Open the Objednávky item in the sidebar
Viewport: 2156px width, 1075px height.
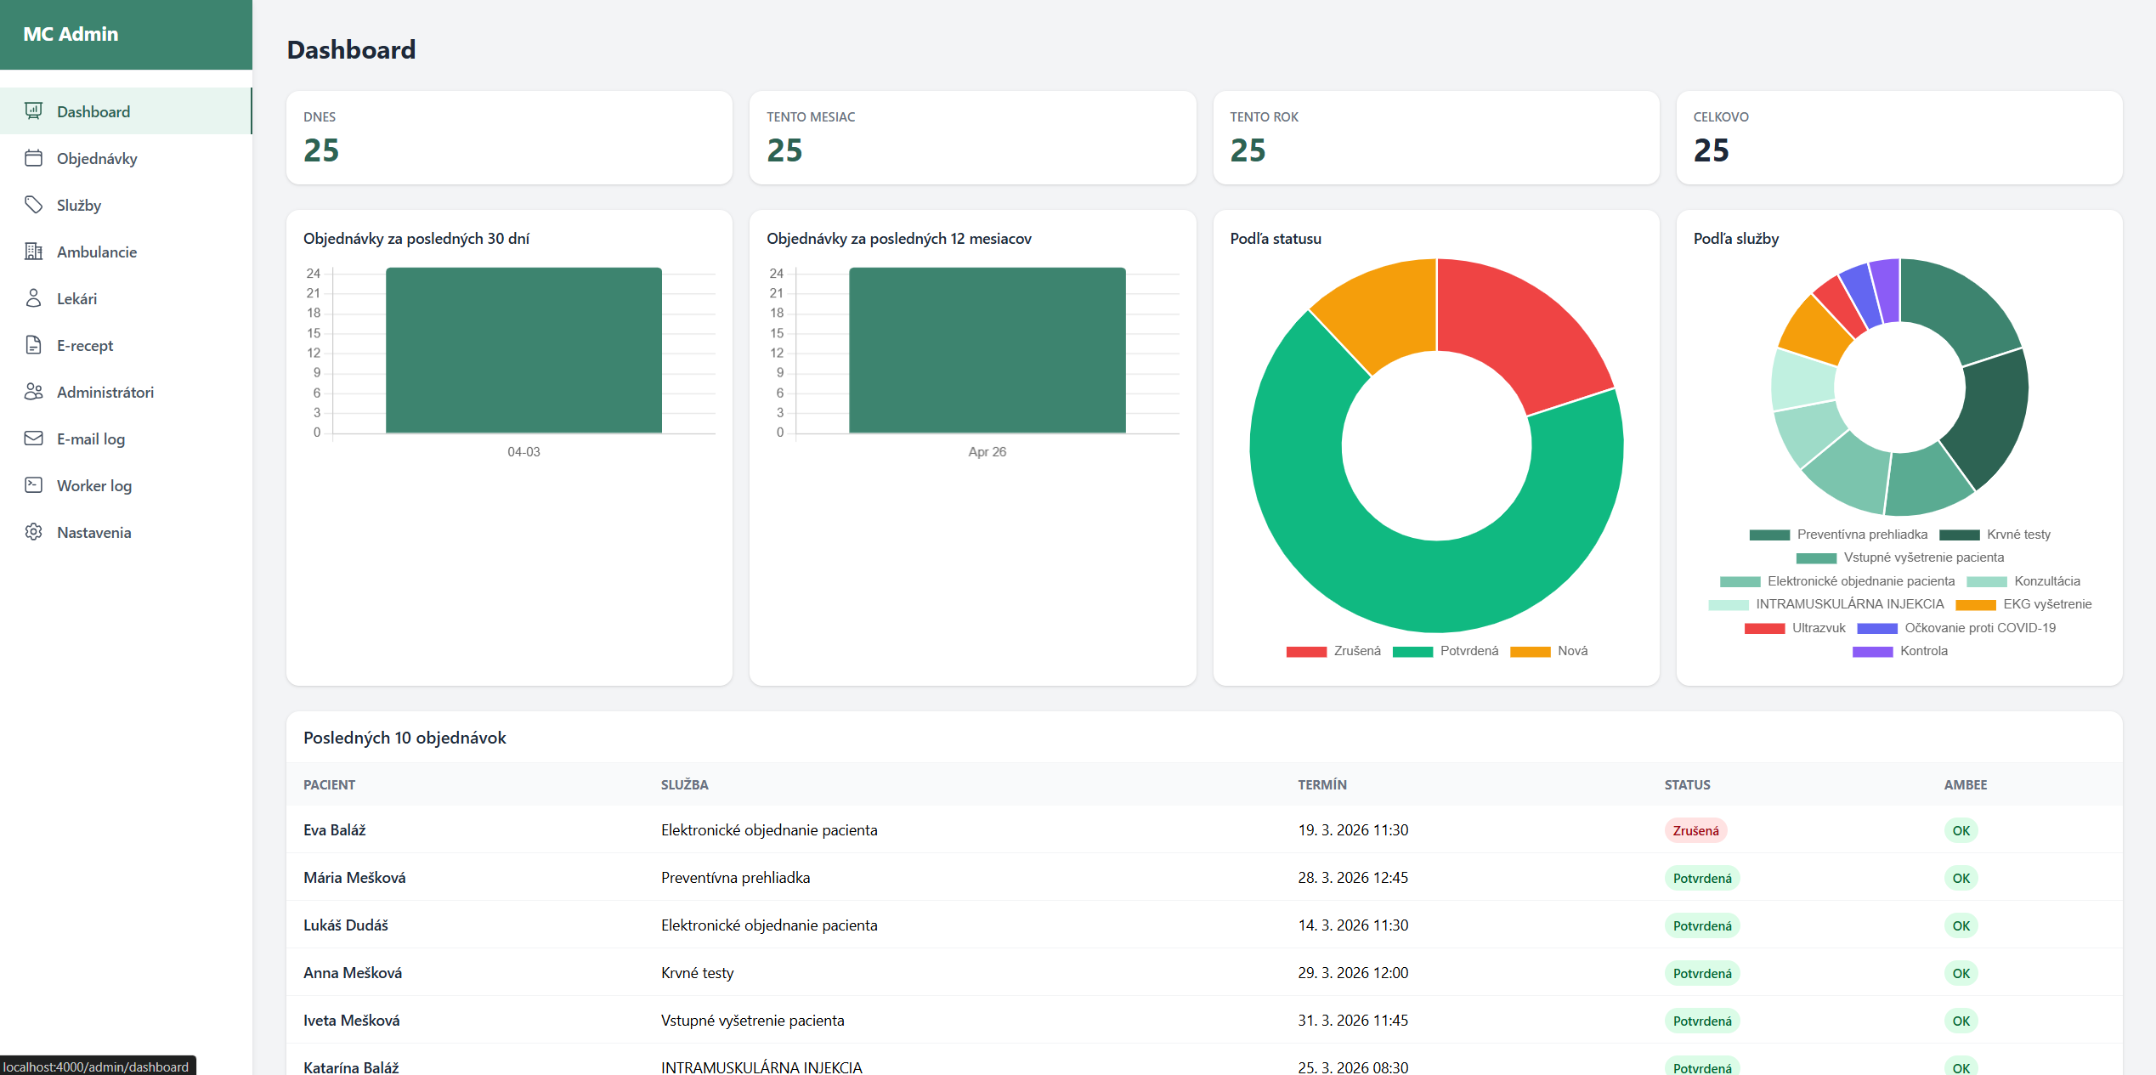96,159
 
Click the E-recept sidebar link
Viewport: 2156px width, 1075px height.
84,346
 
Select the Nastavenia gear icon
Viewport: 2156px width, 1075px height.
34,532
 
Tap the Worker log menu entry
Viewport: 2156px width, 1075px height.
93,486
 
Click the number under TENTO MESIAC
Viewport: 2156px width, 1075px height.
784,150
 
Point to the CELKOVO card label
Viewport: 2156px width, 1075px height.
1720,117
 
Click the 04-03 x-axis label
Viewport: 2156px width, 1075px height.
523,452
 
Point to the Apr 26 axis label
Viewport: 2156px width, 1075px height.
987,452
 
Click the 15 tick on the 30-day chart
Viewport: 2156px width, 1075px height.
314,333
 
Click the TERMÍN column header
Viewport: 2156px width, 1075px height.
1321,785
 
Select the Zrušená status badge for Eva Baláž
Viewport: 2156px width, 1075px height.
1695,831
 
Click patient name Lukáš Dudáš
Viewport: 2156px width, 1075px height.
346,925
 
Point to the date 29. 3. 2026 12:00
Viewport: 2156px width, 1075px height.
1352,973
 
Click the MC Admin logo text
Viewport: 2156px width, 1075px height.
71,35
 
